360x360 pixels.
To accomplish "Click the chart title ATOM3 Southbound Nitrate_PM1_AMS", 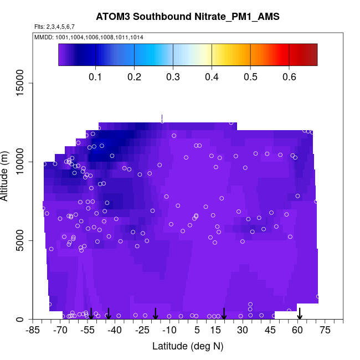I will pyautogui.click(x=187, y=16).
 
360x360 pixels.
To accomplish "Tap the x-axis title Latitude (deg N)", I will pyautogui.click(x=187, y=346).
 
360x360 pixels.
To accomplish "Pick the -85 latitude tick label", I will pyautogui.click(x=34, y=331).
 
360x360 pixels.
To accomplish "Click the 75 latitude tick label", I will pyautogui.click(x=325, y=331).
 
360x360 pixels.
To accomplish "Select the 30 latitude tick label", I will pyautogui.click(x=243, y=331).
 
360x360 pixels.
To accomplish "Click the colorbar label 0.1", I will pyautogui.click(x=96, y=76).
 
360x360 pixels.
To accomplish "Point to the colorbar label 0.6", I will pyautogui.click(x=289, y=76).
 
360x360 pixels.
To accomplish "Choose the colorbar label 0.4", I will pyautogui.click(x=212, y=76).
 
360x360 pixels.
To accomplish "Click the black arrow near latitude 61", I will pyautogui.click(x=300, y=313).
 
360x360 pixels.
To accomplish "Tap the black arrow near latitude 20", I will pyautogui.click(x=224, y=313).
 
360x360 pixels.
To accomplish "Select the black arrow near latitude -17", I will pyautogui.click(x=156, y=313).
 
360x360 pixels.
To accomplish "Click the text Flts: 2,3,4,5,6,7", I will pyautogui.click(x=55, y=27).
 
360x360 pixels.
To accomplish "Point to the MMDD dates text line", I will pyautogui.click(x=89, y=37).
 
